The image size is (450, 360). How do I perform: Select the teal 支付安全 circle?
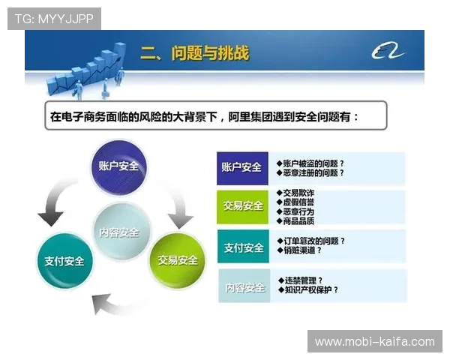click(x=64, y=261)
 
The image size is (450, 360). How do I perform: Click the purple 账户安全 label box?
click(x=241, y=167)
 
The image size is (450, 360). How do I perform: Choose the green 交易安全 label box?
click(x=241, y=206)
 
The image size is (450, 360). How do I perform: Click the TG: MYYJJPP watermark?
click(x=54, y=19)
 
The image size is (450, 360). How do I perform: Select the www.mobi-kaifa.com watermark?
click(x=374, y=342)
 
